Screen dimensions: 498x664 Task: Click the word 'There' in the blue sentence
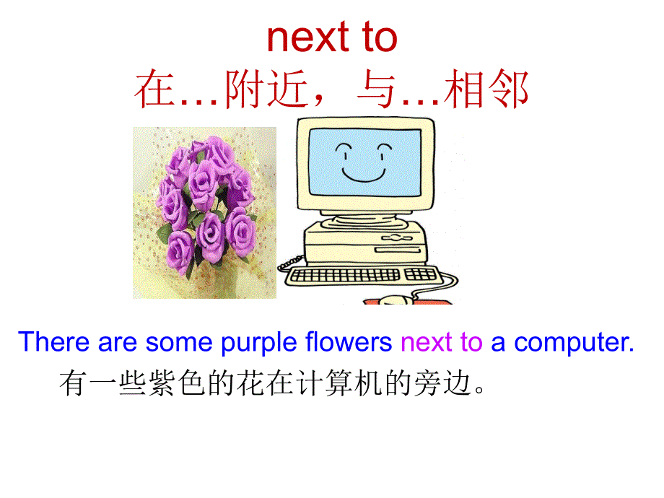(54, 342)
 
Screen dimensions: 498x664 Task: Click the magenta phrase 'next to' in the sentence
(441, 342)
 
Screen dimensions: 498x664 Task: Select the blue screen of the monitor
(364, 165)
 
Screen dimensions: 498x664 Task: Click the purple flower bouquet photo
(204, 212)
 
